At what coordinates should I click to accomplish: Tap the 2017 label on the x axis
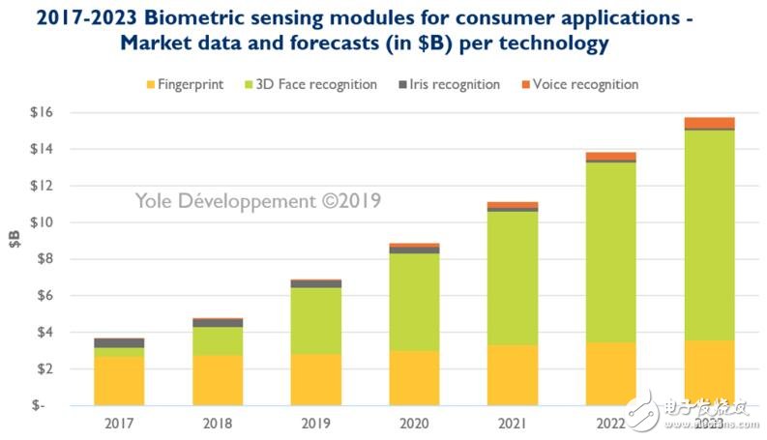coord(118,424)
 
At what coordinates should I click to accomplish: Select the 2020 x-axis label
coord(414,424)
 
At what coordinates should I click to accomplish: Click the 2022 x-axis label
coord(610,424)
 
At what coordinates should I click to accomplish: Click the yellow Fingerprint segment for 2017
coord(118,380)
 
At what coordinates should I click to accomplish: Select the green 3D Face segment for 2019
coord(315,320)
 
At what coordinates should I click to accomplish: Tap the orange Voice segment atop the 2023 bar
coord(709,123)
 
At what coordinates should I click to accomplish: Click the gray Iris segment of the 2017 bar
coord(118,342)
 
